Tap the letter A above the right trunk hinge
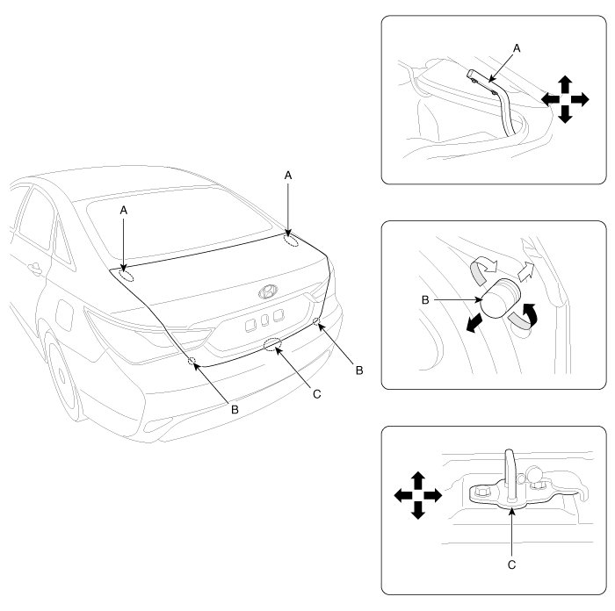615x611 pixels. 288,176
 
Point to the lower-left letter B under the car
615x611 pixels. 234,408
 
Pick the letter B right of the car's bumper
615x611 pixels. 358,370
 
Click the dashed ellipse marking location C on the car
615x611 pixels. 273,344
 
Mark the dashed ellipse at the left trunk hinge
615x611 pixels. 126,274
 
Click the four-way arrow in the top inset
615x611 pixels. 562,98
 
